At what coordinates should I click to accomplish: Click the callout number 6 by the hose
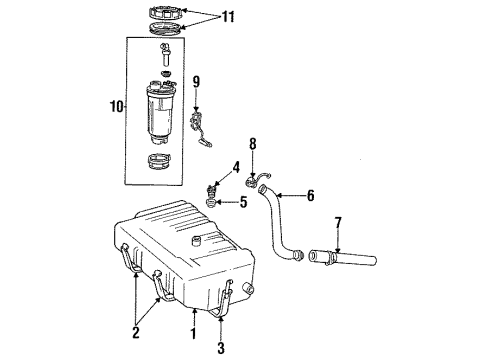click(310, 196)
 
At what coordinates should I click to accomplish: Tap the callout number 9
click(197, 82)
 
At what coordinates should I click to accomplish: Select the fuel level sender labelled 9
click(199, 128)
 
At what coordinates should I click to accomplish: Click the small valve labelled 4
click(213, 187)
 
